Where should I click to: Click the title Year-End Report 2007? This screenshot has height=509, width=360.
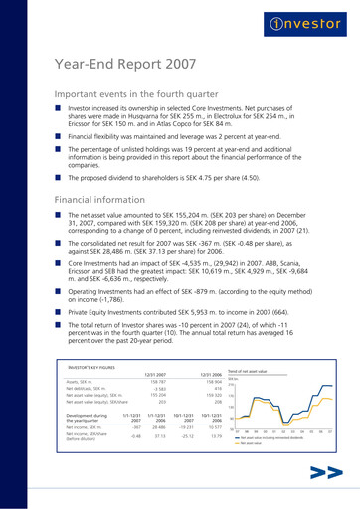[130, 68]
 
